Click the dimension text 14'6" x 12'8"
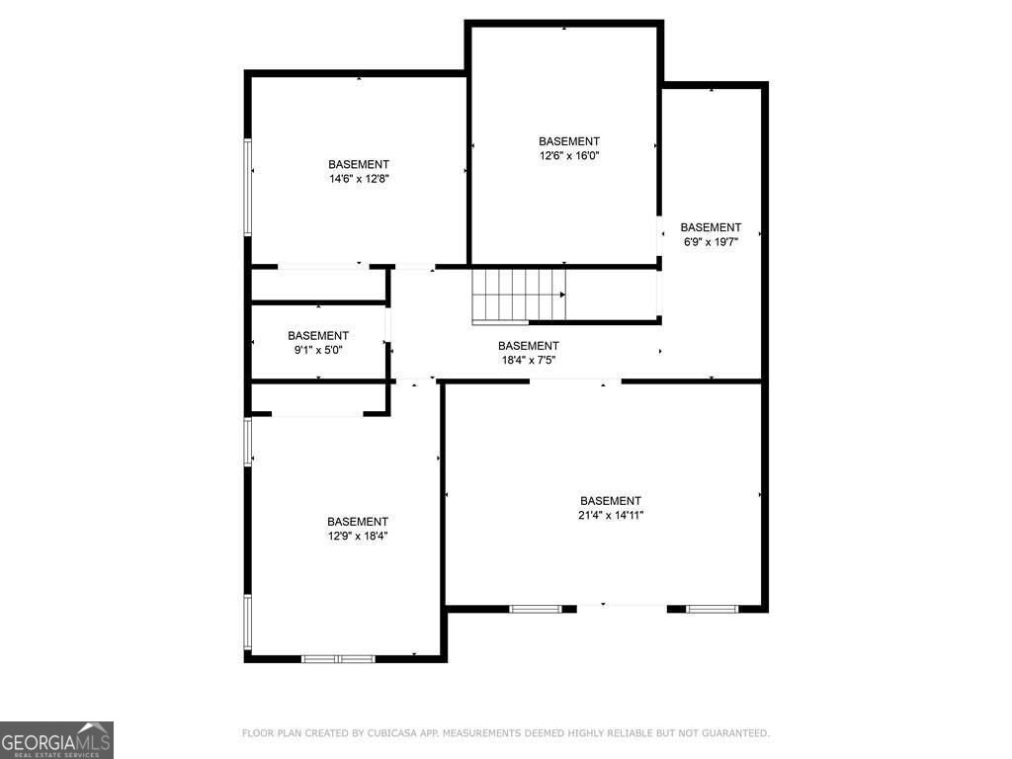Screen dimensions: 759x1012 [x=359, y=179]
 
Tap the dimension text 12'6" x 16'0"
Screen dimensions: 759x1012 [x=569, y=155]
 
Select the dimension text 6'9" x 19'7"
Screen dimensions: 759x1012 [x=711, y=241]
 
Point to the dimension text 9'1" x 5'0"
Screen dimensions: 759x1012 [x=318, y=350]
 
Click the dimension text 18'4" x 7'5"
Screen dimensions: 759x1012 [x=529, y=360]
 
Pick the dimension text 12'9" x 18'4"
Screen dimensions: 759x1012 [x=358, y=536]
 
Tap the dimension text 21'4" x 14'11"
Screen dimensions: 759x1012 [x=611, y=515]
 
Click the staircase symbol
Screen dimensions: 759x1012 [x=518, y=295]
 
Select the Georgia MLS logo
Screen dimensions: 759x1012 [x=56, y=739]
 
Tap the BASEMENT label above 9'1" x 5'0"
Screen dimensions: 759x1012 [x=318, y=336]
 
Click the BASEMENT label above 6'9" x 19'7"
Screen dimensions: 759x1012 [x=711, y=227]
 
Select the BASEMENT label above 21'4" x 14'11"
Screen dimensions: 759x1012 [x=611, y=501]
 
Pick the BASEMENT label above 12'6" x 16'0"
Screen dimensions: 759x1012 [x=569, y=141]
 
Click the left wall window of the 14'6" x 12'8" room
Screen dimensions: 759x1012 [x=248, y=187]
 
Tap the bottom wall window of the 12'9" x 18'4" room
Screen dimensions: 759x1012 [x=338, y=658]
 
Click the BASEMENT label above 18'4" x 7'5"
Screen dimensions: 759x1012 [x=529, y=346]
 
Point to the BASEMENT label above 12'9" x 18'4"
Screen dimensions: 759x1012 [x=358, y=522]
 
